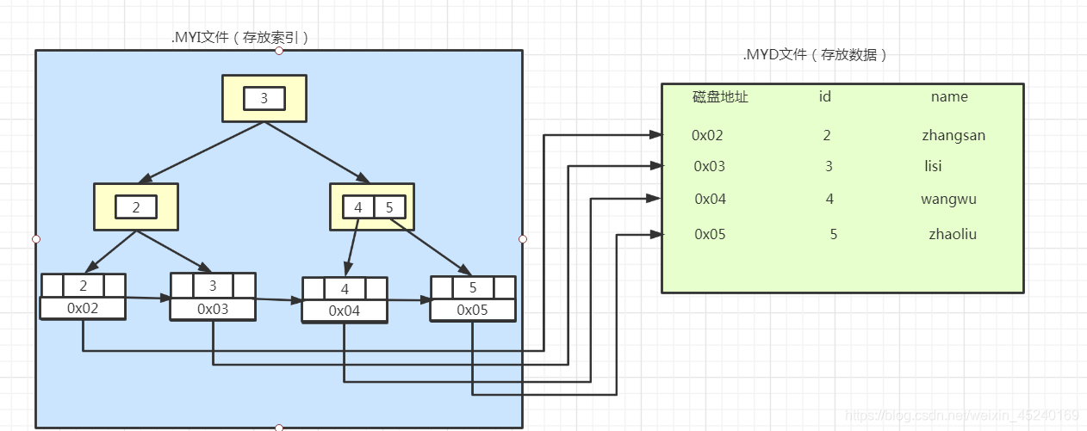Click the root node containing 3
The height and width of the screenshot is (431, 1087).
point(264,98)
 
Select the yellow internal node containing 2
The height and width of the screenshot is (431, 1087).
point(135,206)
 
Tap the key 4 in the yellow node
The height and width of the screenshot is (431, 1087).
point(357,207)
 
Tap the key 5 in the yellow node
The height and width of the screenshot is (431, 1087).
point(389,207)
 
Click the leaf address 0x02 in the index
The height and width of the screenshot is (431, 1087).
point(83,307)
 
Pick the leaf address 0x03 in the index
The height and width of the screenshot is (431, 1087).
point(213,308)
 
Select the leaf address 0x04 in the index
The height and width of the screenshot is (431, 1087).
point(345,311)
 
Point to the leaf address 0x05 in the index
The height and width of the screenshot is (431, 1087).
point(473,310)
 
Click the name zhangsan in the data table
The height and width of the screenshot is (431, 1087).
point(953,135)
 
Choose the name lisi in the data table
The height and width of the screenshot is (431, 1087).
point(933,166)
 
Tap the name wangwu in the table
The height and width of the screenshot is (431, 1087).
point(948,199)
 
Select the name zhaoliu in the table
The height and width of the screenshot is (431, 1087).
point(952,234)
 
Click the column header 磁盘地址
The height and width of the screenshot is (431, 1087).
point(720,97)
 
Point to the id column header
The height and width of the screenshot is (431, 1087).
point(824,97)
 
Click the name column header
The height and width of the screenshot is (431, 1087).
point(949,97)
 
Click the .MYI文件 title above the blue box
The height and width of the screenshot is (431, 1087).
point(240,37)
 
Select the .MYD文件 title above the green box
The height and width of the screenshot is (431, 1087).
point(815,54)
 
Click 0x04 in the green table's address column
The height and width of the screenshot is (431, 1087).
point(711,199)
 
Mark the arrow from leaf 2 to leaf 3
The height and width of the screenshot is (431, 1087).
point(148,299)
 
